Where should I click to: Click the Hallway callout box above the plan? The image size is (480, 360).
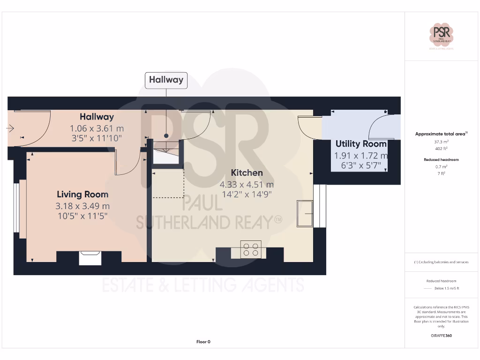166,80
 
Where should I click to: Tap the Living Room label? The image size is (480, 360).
82,194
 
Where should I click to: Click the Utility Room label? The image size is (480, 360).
361,144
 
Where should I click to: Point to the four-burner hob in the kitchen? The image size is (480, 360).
250,249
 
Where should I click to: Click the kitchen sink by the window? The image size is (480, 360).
305,214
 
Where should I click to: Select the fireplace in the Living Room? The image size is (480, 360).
90,258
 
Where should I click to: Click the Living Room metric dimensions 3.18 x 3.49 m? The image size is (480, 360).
82,206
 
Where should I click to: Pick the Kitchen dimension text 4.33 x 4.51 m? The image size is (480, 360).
247,184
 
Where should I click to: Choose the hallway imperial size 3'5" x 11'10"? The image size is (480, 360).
96,138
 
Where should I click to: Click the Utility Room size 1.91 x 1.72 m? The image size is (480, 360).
361,156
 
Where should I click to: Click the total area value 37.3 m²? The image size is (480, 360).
442,142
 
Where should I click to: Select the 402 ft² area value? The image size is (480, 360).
442,149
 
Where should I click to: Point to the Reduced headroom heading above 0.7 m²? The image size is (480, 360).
442,160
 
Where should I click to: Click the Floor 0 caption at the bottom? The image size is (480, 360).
203,342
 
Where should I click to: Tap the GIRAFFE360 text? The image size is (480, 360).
442,336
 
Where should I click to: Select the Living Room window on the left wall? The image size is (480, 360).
17,208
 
